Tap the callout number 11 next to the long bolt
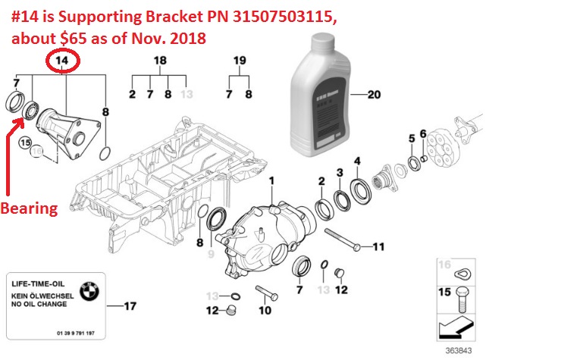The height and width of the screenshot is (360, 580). click(x=378, y=246)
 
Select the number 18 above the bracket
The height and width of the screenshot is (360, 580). click(x=160, y=61)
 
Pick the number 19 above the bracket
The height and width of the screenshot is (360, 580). click(x=240, y=61)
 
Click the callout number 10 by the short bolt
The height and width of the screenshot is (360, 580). click(x=265, y=310)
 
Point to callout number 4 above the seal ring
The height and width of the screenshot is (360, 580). click(x=357, y=161)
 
